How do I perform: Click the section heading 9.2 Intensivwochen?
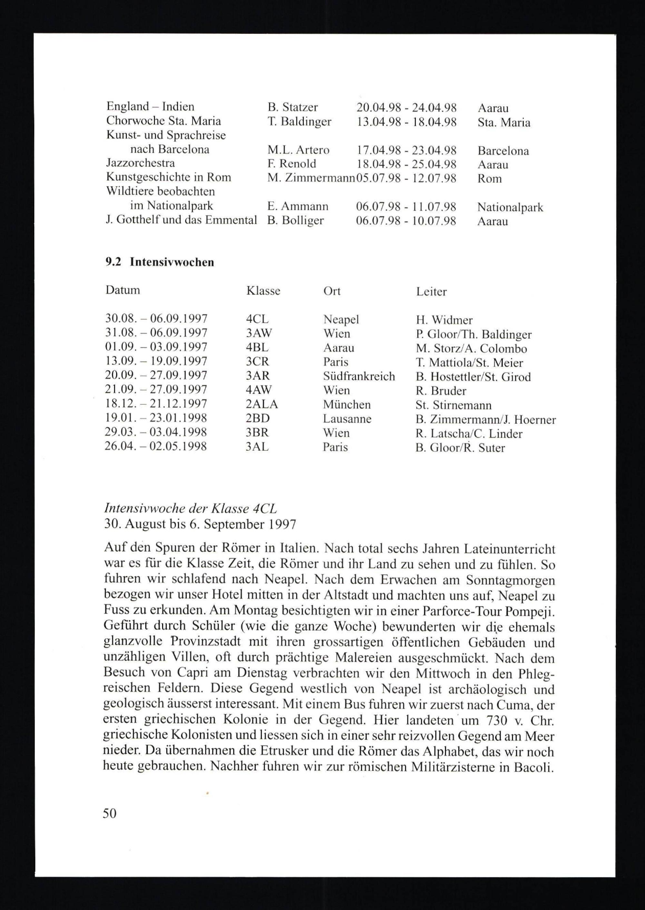160,262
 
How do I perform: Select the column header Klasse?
263,291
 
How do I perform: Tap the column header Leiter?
431,292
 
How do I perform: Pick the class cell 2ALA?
262,405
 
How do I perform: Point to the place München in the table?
347,405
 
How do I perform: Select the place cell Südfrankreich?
359,376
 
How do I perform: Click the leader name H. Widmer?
444,320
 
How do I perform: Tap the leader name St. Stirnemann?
453,405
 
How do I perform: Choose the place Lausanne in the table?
347,419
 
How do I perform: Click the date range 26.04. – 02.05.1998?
156,446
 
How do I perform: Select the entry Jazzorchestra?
141,163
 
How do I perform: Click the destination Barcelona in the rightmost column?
503,151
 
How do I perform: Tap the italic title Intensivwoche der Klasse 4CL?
191,509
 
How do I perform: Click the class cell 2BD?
258,419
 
